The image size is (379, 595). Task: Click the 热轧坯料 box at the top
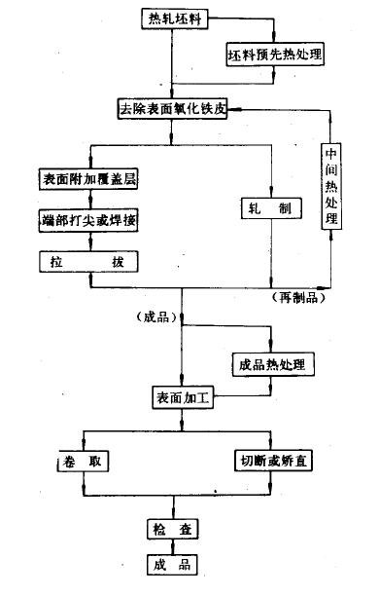coord(173,18)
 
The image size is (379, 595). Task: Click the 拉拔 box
coord(89,261)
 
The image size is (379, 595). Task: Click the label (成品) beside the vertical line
coord(156,318)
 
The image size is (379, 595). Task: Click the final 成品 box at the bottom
coord(173,565)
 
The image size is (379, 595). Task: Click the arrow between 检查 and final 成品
coord(173,547)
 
